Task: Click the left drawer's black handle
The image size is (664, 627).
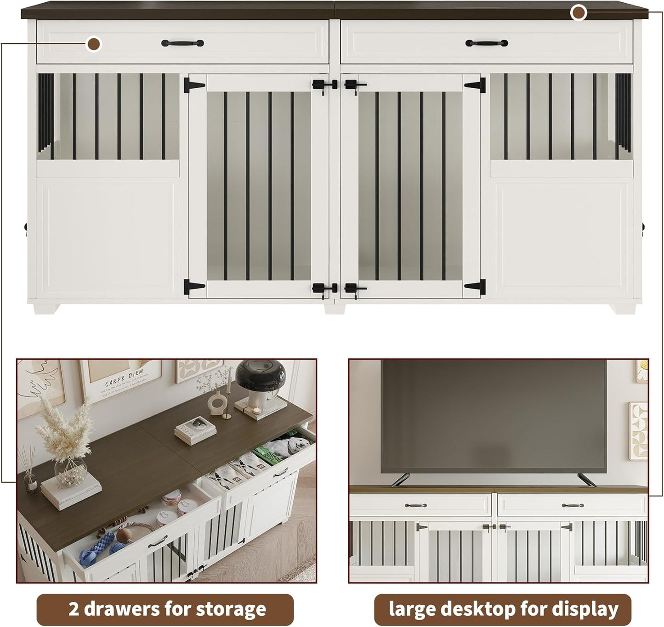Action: click(x=182, y=43)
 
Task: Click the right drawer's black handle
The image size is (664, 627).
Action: click(x=487, y=43)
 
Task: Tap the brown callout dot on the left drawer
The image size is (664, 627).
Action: click(x=95, y=45)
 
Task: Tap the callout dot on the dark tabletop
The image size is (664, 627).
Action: click(x=579, y=13)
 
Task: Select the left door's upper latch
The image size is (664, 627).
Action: click(x=319, y=85)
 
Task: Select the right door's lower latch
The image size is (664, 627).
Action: click(x=354, y=289)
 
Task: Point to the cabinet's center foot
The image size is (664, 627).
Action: click(x=334, y=307)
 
